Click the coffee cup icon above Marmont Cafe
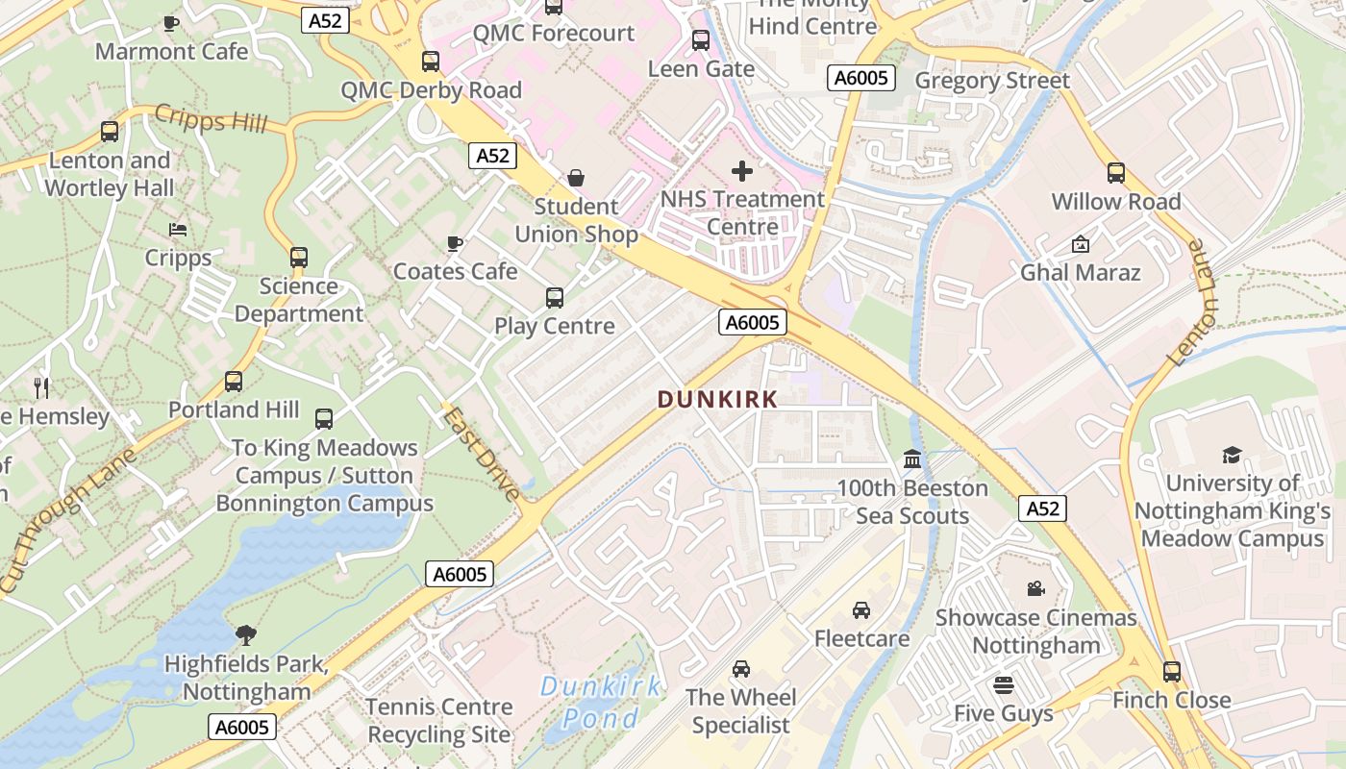pos(171,23)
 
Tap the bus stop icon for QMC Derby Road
pos(431,62)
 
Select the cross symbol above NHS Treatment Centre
pos(742,171)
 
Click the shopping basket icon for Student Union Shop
pos(576,178)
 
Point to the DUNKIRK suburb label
pos(717,400)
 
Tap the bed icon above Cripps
pos(178,230)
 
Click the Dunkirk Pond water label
pos(601,702)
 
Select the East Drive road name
pos(482,453)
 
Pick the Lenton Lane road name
pos(1191,303)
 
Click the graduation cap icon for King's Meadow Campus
pos(1232,455)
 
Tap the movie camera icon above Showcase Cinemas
pos(1035,588)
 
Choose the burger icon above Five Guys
pos(1004,685)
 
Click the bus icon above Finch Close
pos(1171,671)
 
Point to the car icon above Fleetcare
pos(861,609)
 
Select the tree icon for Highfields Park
pos(246,634)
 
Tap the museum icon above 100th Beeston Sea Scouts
pos(912,459)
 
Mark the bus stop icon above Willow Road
pos(1115,173)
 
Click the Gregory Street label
pos(992,80)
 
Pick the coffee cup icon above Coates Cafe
pos(455,243)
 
